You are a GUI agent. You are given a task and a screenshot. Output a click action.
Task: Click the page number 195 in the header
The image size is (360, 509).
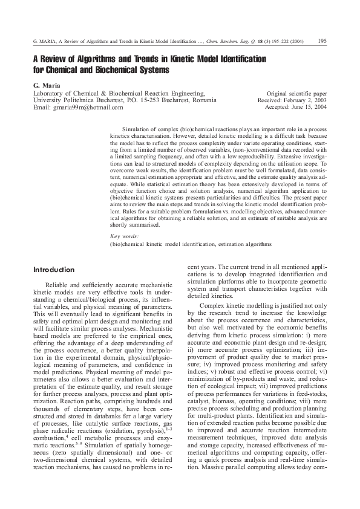click(322, 41)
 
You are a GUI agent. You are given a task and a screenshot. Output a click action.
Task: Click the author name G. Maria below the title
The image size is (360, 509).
click(46, 86)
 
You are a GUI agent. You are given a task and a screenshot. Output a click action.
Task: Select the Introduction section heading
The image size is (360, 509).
click(54, 270)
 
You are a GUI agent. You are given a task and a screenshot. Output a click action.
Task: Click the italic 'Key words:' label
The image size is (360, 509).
click(123, 235)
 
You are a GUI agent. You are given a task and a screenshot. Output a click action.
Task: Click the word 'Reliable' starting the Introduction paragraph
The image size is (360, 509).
click(58, 284)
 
